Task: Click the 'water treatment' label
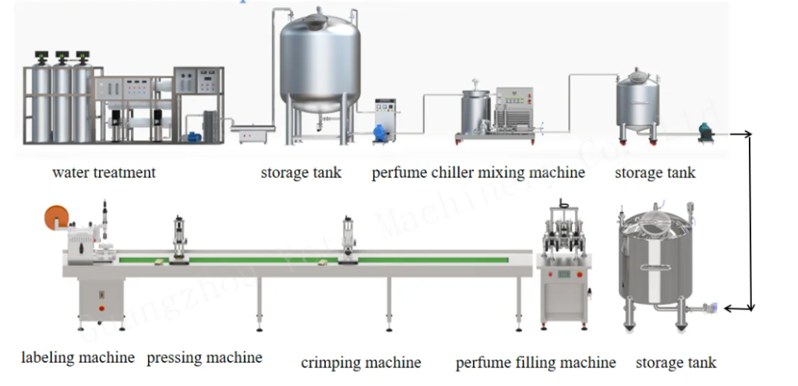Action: [x=104, y=172]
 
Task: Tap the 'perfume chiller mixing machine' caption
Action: [x=478, y=172]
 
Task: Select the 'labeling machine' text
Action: [x=77, y=358]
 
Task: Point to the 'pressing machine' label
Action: [x=204, y=358]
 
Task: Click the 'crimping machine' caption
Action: [x=361, y=363]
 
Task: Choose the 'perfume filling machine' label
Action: [x=535, y=363]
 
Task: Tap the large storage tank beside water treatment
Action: [x=321, y=62]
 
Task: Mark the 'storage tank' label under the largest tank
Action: [x=301, y=172]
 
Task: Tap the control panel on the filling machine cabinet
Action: [x=563, y=274]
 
